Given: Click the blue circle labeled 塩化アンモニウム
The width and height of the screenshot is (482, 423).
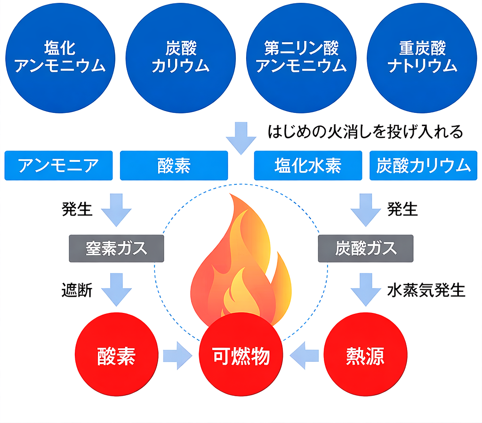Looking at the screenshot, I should pos(60,58).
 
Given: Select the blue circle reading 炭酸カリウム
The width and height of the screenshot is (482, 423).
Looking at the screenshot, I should pos(181,58).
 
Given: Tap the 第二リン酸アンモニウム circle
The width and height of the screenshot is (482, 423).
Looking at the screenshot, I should pos(301,58).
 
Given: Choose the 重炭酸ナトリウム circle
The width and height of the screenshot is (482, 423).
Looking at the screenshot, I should pos(422,58).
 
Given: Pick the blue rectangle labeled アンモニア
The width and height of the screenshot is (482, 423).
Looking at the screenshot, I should pos(59,166).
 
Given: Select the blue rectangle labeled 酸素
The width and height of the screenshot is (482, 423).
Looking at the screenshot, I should pos(174,166).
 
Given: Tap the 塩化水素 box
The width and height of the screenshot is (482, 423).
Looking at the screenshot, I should pos(308,166).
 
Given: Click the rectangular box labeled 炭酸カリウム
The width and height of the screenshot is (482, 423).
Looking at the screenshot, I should pos(424,166).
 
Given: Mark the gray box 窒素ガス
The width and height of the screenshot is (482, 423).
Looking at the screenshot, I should pos(117,248).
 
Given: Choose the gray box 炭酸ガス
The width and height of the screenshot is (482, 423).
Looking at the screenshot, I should pos(366,248).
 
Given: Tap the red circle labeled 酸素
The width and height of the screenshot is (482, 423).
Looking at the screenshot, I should pos(116,356).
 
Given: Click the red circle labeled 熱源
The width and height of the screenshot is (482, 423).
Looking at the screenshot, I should pos(365,356).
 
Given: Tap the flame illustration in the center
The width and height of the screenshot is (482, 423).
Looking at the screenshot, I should pos(241,263).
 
